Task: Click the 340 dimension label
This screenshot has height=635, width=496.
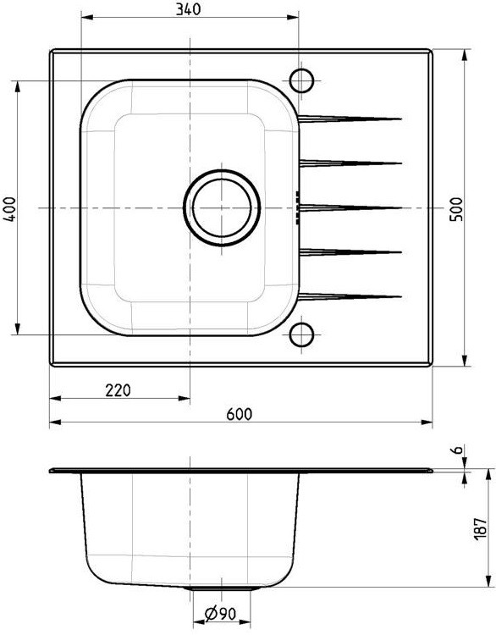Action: tap(188, 9)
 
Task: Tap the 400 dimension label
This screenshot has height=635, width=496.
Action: tap(9, 208)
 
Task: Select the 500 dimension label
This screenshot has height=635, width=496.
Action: tap(456, 208)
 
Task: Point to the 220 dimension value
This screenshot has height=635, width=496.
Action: tap(118, 390)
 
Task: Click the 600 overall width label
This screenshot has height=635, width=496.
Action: tap(239, 414)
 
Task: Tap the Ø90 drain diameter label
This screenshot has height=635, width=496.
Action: tap(221, 614)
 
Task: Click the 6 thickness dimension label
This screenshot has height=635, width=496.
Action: tap(457, 450)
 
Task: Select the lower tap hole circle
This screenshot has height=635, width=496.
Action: tap(301, 323)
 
